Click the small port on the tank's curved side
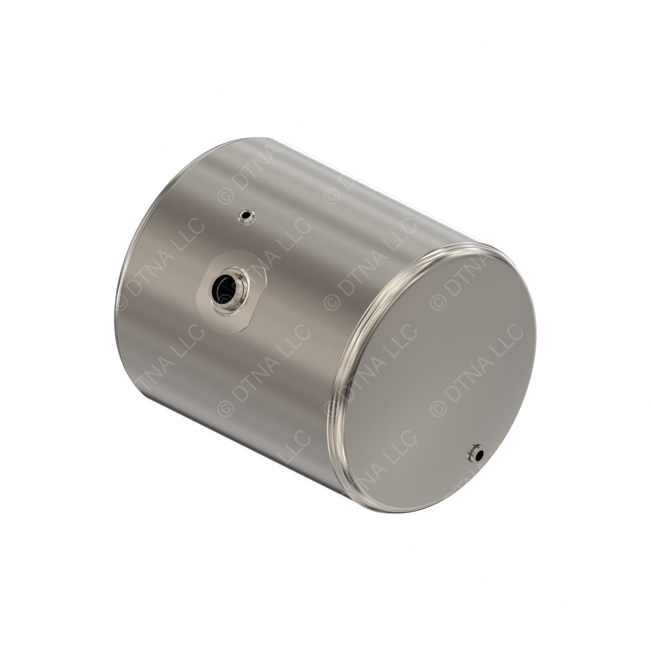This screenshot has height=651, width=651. pos(246,217)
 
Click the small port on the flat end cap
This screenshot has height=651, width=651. pos(474,453)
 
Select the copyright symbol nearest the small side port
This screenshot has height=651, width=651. pos(226,196)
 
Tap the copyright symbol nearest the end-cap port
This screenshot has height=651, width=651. pos(438,408)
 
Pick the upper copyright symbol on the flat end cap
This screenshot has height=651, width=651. pos(438,301)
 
